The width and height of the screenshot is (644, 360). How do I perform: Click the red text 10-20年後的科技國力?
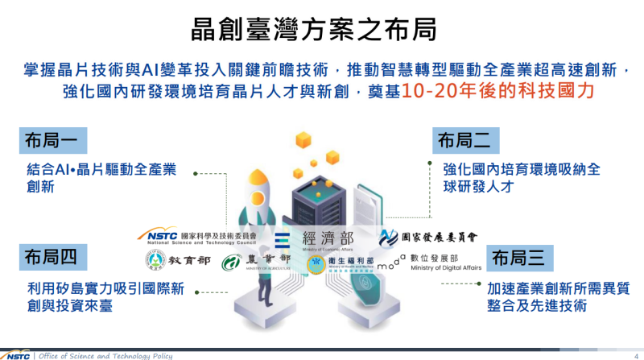[x=499, y=90]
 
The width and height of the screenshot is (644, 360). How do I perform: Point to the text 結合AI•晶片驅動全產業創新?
[x=101, y=177]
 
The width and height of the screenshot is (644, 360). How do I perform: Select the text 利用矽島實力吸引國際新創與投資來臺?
[x=105, y=296]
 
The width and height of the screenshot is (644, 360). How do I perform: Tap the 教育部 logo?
[x=178, y=262]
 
